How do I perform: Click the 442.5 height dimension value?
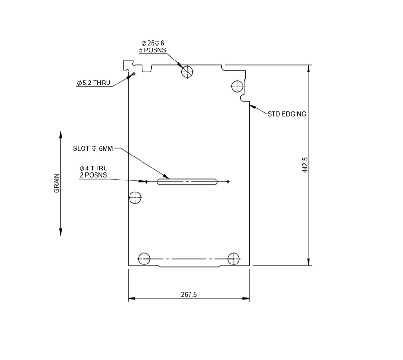click(305, 165)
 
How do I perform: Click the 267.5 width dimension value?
click(189, 295)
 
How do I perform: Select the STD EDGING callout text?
click(286, 114)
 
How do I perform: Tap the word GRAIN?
click(57, 183)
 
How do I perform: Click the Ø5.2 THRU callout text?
click(94, 83)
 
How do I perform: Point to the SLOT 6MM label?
click(93, 149)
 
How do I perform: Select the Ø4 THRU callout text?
click(94, 168)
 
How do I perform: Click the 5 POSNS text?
click(153, 50)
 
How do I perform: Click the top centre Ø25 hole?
click(187, 72)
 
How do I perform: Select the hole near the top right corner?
click(237, 86)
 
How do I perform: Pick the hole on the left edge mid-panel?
click(136, 197)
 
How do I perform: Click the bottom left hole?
click(144, 259)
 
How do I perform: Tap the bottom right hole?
click(234, 259)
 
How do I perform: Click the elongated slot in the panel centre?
click(187, 181)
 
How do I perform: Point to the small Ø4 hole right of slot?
click(228, 181)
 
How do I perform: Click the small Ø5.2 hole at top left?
click(134, 73)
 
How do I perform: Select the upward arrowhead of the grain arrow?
click(61, 134)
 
